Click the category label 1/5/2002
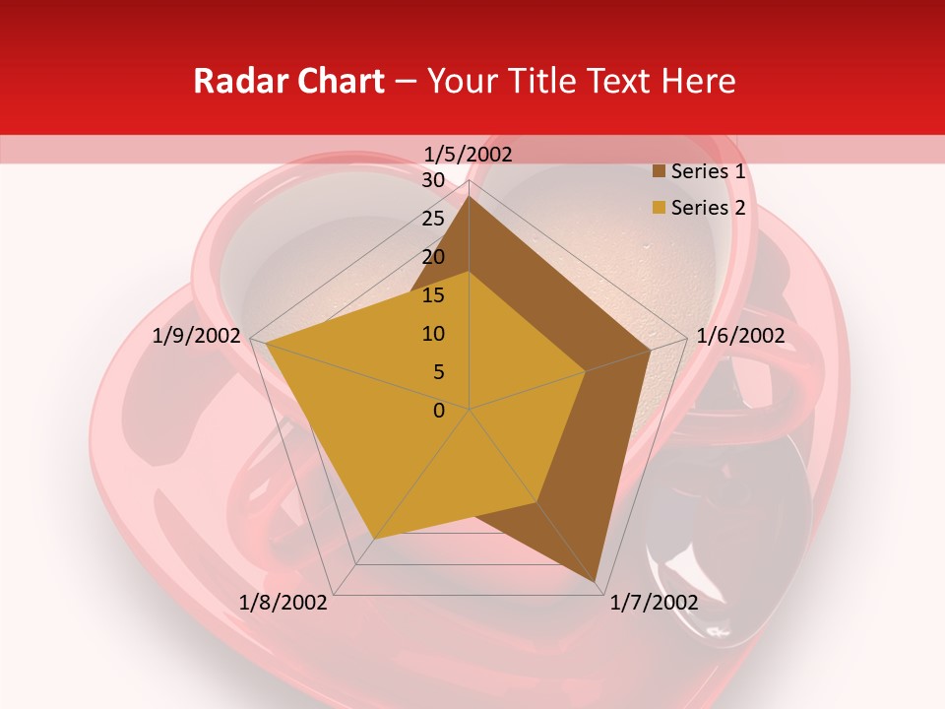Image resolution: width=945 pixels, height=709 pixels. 469,154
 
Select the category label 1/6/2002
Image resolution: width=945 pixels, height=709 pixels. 740,336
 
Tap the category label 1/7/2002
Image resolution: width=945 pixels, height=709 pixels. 654,603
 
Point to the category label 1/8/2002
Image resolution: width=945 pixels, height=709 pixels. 284,603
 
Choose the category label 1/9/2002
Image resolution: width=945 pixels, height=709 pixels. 197,336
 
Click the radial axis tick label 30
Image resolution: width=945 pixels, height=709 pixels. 433,180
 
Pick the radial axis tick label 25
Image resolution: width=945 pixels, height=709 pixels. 433,219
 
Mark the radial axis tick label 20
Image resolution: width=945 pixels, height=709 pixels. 433,257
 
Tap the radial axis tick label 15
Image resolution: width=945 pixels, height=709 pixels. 433,295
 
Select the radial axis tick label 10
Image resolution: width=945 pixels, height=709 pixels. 433,334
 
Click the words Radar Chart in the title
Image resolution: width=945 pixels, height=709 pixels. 288,81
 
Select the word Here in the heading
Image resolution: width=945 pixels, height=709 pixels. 698,81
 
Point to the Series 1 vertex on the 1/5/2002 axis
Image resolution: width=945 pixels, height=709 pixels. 469,195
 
